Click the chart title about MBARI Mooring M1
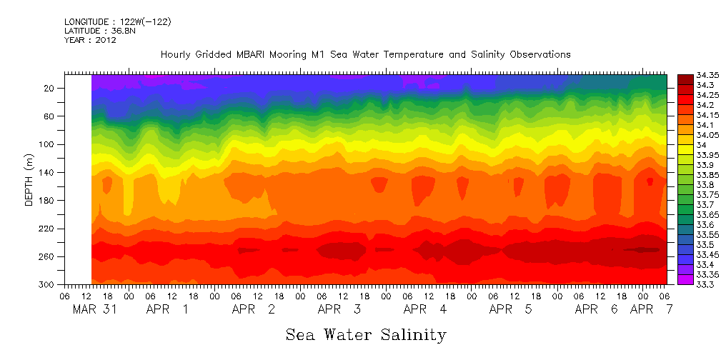click(365, 54)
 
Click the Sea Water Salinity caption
click(366, 334)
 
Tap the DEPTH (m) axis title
click(29, 183)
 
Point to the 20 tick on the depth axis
click(50, 88)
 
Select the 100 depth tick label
click(48, 144)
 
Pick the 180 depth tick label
click(48, 201)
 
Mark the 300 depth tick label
click(48, 285)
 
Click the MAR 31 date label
click(94, 310)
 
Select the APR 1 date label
click(167, 310)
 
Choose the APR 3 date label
click(339, 310)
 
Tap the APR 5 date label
click(510, 310)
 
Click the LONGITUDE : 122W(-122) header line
click(117, 22)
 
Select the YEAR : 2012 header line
click(90, 40)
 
